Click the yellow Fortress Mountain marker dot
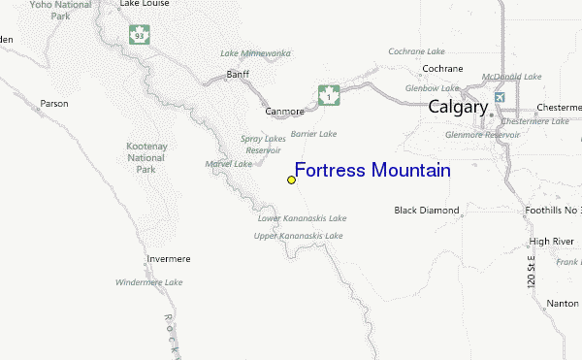point(291,180)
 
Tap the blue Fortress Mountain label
point(372,171)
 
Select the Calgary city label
point(458,107)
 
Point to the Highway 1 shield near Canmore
point(329,96)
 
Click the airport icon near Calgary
point(499,98)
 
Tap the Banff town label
point(238,75)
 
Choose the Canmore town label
point(284,112)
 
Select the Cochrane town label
point(442,69)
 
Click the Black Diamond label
point(426,211)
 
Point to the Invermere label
point(168,259)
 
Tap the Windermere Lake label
point(148,282)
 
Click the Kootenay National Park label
point(147,157)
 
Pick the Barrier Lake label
point(314,133)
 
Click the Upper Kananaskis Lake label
point(299,236)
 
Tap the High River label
point(552,241)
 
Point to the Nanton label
point(561,304)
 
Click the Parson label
point(54,103)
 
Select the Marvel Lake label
point(229,164)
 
